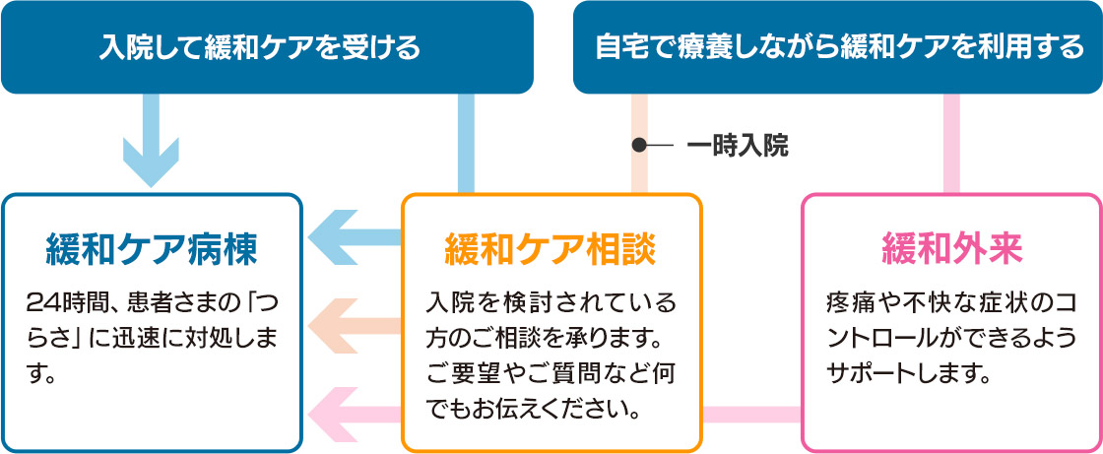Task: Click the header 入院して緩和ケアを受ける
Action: pos(260,47)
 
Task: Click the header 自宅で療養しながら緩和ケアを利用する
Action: pos(838,47)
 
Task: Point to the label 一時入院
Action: pos(738,147)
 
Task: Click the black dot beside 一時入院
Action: pos(639,146)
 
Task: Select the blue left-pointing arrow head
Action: pos(335,238)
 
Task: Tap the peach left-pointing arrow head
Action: pos(335,326)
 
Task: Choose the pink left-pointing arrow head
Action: pos(335,415)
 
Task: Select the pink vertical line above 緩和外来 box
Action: pos(951,144)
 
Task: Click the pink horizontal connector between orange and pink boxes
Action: pos(752,415)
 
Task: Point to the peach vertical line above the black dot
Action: pos(639,116)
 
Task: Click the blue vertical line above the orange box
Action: pos(466,144)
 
